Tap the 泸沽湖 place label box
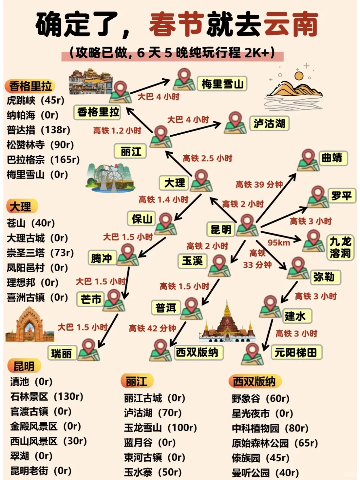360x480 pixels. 269,124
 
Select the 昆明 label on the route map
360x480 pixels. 221,229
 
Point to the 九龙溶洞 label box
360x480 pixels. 340,247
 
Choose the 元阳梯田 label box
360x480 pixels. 295,352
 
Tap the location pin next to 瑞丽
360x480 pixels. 89,349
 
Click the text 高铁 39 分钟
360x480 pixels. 259,184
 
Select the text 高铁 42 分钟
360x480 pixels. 152,328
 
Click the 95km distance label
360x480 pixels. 279,242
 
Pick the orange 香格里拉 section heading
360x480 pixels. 30,86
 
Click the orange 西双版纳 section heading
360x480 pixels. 254,381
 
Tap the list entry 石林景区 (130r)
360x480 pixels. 47,396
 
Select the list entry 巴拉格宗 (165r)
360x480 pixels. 43,160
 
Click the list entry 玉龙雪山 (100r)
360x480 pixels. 160,427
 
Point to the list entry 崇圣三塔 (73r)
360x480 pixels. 40,252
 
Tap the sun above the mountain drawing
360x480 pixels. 299,76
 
